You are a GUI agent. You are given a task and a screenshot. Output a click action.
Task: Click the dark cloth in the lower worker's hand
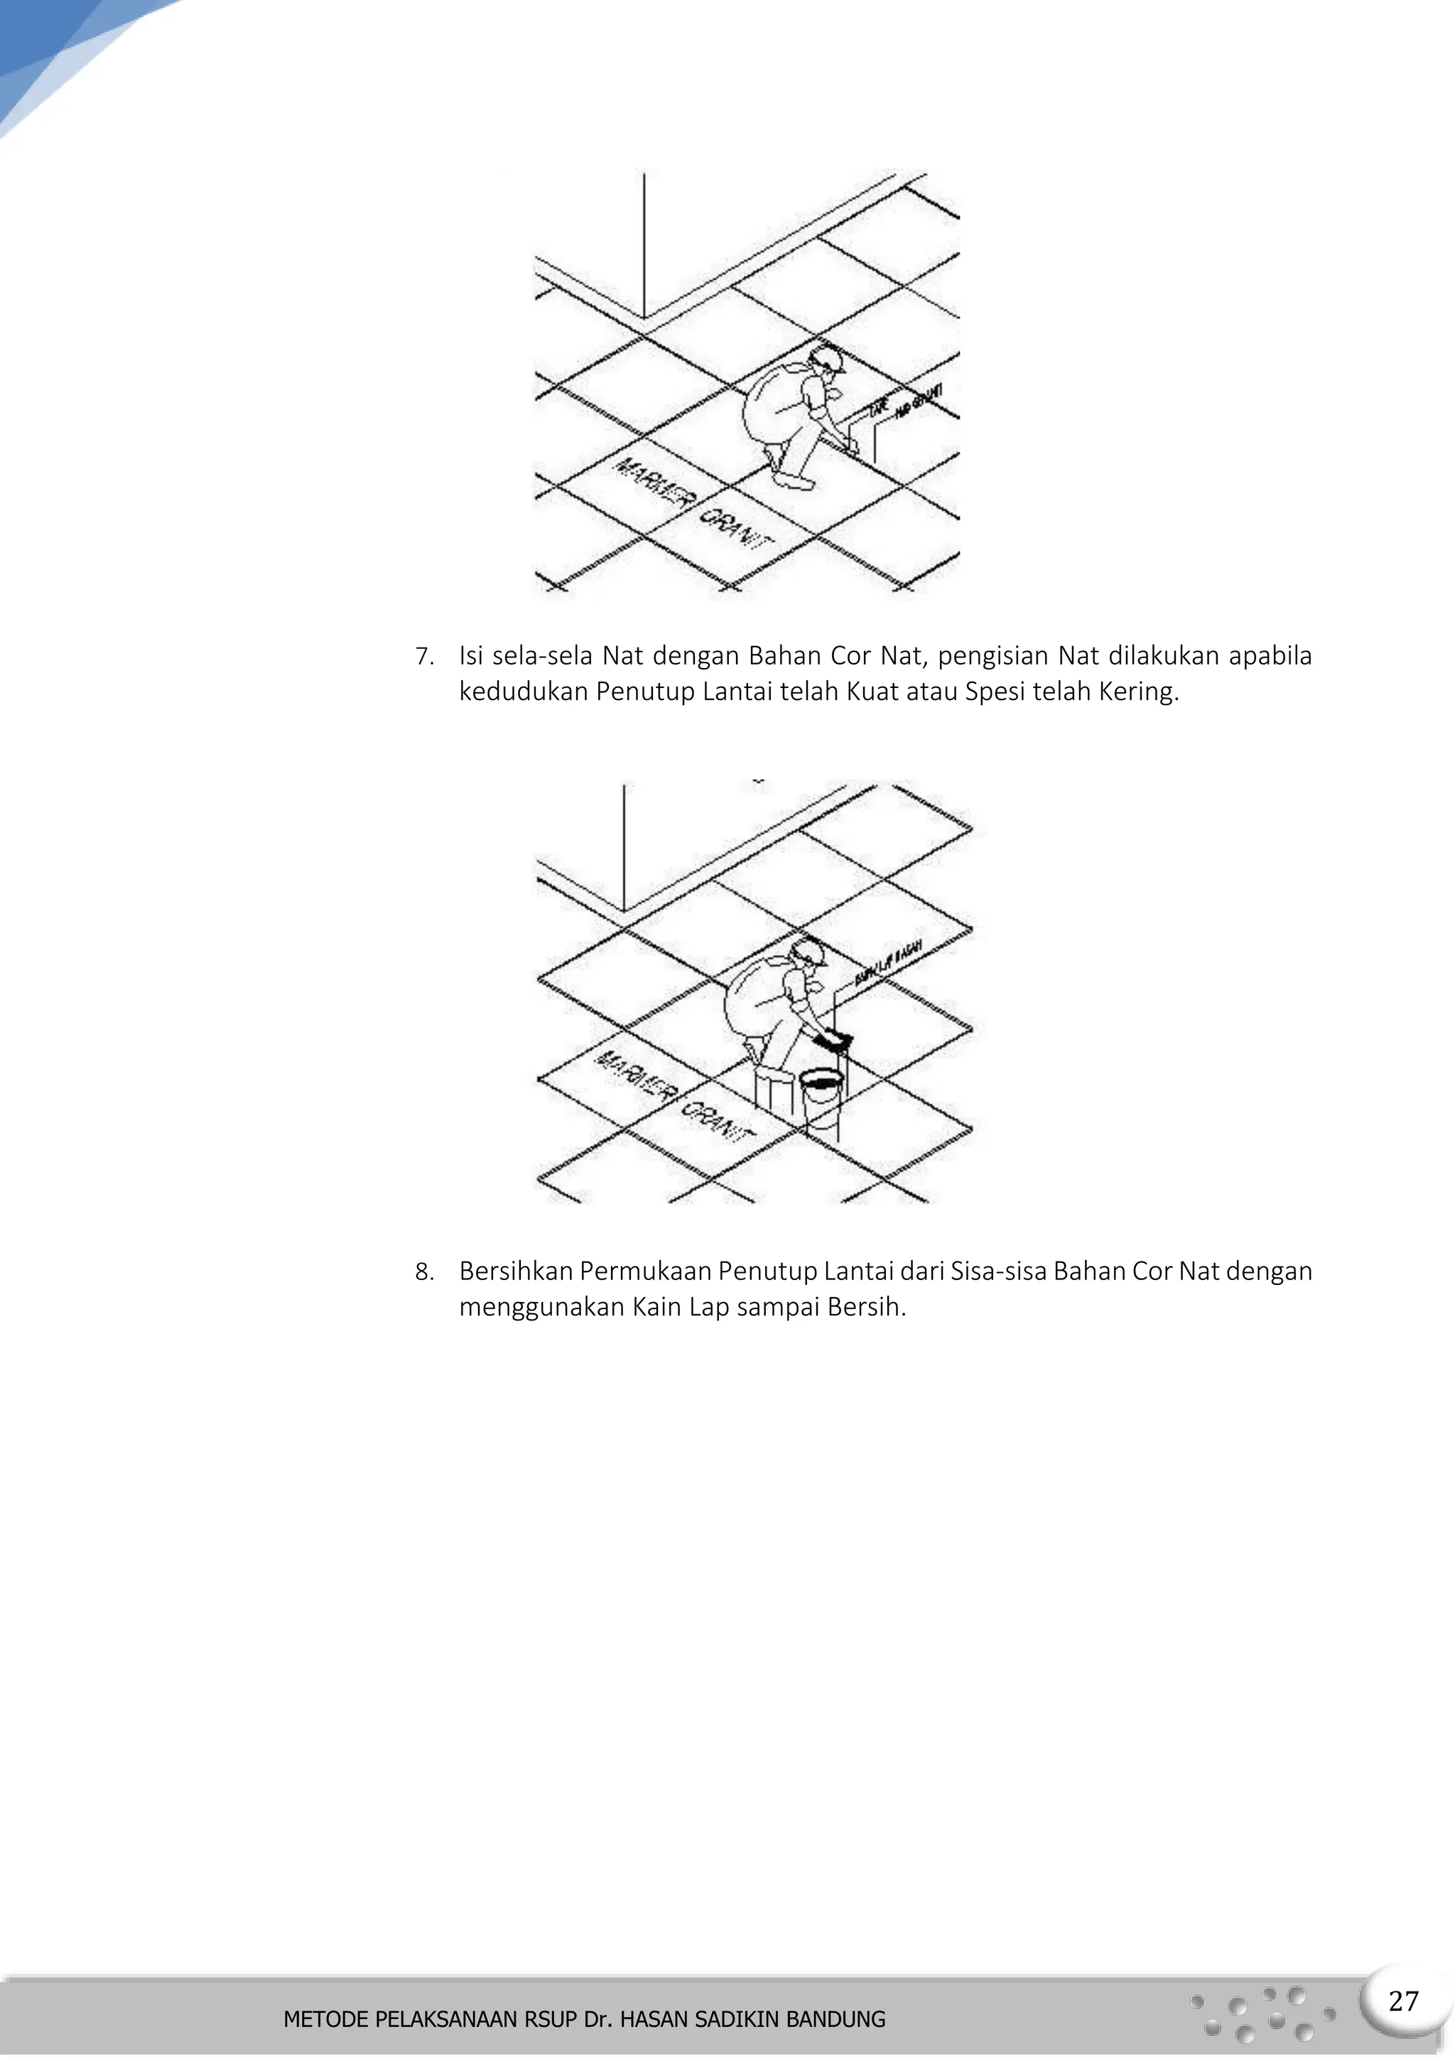tap(835, 1041)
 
